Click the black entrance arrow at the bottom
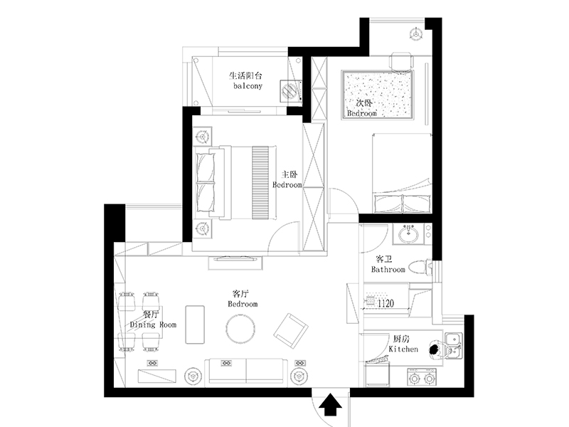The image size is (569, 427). [x=330, y=404]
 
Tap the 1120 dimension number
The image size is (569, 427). [x=385, y=303]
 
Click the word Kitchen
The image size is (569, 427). [x=403, y=349]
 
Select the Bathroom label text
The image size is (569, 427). [x=388, y=270]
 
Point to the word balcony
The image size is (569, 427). [x=248, y=86]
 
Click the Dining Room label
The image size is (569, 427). [x=153, y=325]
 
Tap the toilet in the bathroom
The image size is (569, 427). [x=420, y=268]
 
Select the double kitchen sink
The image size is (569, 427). [x=454, y=345]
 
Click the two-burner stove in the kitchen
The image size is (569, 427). [x=422, y=378]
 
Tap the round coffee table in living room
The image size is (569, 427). [x=240, y=328]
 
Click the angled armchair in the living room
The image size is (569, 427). [x=291, y=331]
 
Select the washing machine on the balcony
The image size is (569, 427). [x=290, y=90]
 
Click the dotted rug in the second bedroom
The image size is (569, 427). [x=378, y=95]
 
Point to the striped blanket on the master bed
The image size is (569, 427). [x=260, y=183]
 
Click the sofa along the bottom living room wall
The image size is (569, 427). [x=246, y=371]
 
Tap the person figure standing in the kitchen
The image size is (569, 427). [x=435, y=349]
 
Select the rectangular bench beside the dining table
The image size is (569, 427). [x=195, y=325]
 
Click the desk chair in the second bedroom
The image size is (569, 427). [x=401, y=61]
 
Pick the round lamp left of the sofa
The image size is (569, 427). [x=193, y=376]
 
